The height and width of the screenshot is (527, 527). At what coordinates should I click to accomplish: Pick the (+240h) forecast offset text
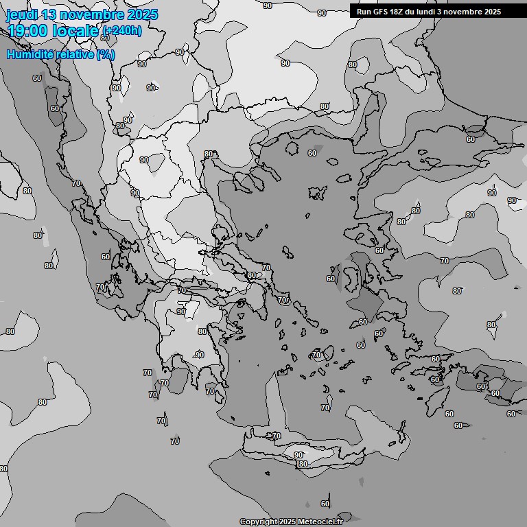coord(121,31)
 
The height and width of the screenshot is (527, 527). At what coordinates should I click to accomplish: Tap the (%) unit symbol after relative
coord(105,54)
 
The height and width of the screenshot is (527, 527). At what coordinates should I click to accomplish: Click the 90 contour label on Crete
coord(298,455)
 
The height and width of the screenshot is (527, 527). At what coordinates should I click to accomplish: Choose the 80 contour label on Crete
coord(303,465)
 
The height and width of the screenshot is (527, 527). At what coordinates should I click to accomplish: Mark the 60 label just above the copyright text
coord(325,504)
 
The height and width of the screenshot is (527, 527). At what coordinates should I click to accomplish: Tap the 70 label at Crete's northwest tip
coord(276,436)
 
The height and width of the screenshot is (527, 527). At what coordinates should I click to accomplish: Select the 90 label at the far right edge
coord(512,200)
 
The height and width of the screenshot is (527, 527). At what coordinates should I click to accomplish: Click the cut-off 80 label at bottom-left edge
coord(3,469)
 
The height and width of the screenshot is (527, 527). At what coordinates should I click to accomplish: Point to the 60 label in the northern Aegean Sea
coord(312,153)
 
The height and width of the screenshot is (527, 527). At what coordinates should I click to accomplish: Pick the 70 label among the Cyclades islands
coord(316,355)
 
